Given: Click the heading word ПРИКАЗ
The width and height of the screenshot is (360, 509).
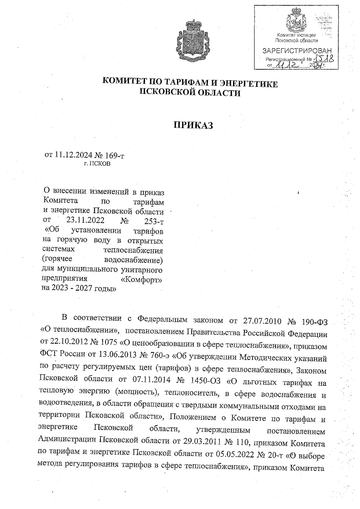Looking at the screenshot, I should click(193, 125).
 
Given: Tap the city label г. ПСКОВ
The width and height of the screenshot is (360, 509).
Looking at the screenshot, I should click(97, 164).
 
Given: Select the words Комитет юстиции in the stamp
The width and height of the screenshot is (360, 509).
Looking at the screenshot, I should click(296, 35).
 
